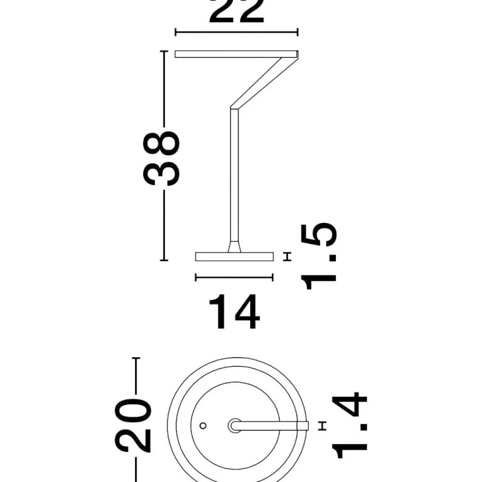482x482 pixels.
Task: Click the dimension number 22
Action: [236, 12]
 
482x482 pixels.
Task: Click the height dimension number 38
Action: [161, 158]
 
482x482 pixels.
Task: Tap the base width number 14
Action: [234, 312]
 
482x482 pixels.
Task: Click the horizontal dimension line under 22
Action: [236, 32]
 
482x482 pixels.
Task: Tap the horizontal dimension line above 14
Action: [234, 278]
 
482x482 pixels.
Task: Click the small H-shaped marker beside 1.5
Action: [287, 256]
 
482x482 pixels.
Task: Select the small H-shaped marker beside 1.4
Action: [322, 426]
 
